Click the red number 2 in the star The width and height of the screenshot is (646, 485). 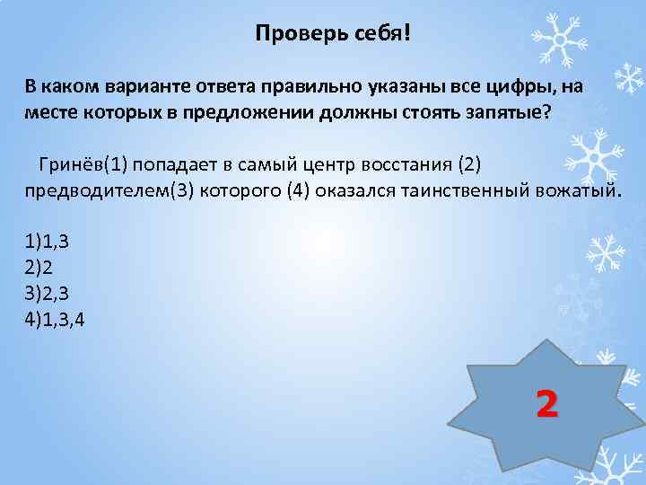[x=546, y=403]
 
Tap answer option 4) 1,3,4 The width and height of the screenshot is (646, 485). [x=56, y=319]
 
